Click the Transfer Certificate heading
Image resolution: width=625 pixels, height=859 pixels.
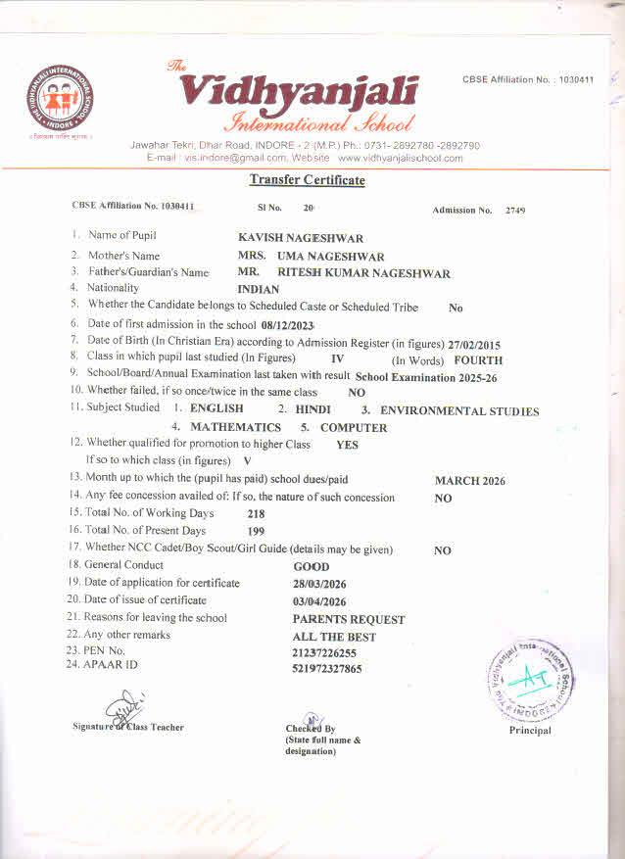(307, 179)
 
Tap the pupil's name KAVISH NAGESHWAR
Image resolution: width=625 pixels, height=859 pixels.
(301, 238)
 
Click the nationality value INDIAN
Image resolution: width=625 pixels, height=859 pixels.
(259, 290)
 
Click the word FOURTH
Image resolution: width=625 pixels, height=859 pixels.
(478, 360)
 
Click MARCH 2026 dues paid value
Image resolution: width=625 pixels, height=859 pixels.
(469, 481)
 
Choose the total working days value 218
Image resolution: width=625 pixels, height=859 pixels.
(256, 514)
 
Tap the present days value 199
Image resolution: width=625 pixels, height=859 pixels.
(256, 532)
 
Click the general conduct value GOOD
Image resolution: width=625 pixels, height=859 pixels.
(312, 567)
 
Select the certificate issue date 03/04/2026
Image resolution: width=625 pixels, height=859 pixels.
(320, 601)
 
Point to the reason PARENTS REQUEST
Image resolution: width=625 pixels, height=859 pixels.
(348, 620)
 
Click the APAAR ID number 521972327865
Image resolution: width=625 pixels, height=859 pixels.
(326, 669)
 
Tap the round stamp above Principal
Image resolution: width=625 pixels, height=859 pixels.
(529, 675)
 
